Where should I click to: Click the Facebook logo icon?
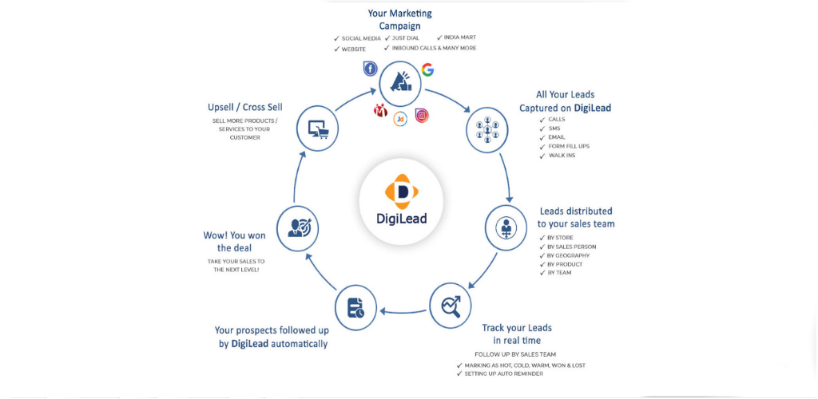[370, 69]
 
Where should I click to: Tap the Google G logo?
[428, 69]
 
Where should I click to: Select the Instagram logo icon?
[422, 115]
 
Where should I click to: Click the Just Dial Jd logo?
[400, 119]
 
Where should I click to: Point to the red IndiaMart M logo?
[380, 110]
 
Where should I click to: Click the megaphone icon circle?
[399, 83]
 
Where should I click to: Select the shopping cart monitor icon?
[317, 128]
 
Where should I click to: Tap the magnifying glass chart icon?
[451, 306]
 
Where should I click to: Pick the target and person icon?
[297, 227]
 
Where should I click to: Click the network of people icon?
[486, 131]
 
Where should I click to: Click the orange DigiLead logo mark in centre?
[401, 191]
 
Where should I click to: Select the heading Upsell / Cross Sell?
[245, 107]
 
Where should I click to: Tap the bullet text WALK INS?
[562, 156]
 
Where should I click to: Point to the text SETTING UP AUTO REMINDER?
[504, 373]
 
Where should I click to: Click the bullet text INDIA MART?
[460, 38]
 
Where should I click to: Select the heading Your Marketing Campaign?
[400, 19]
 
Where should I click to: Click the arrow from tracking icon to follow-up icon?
[403, 312]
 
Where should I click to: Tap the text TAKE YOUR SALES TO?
[236, 260]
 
